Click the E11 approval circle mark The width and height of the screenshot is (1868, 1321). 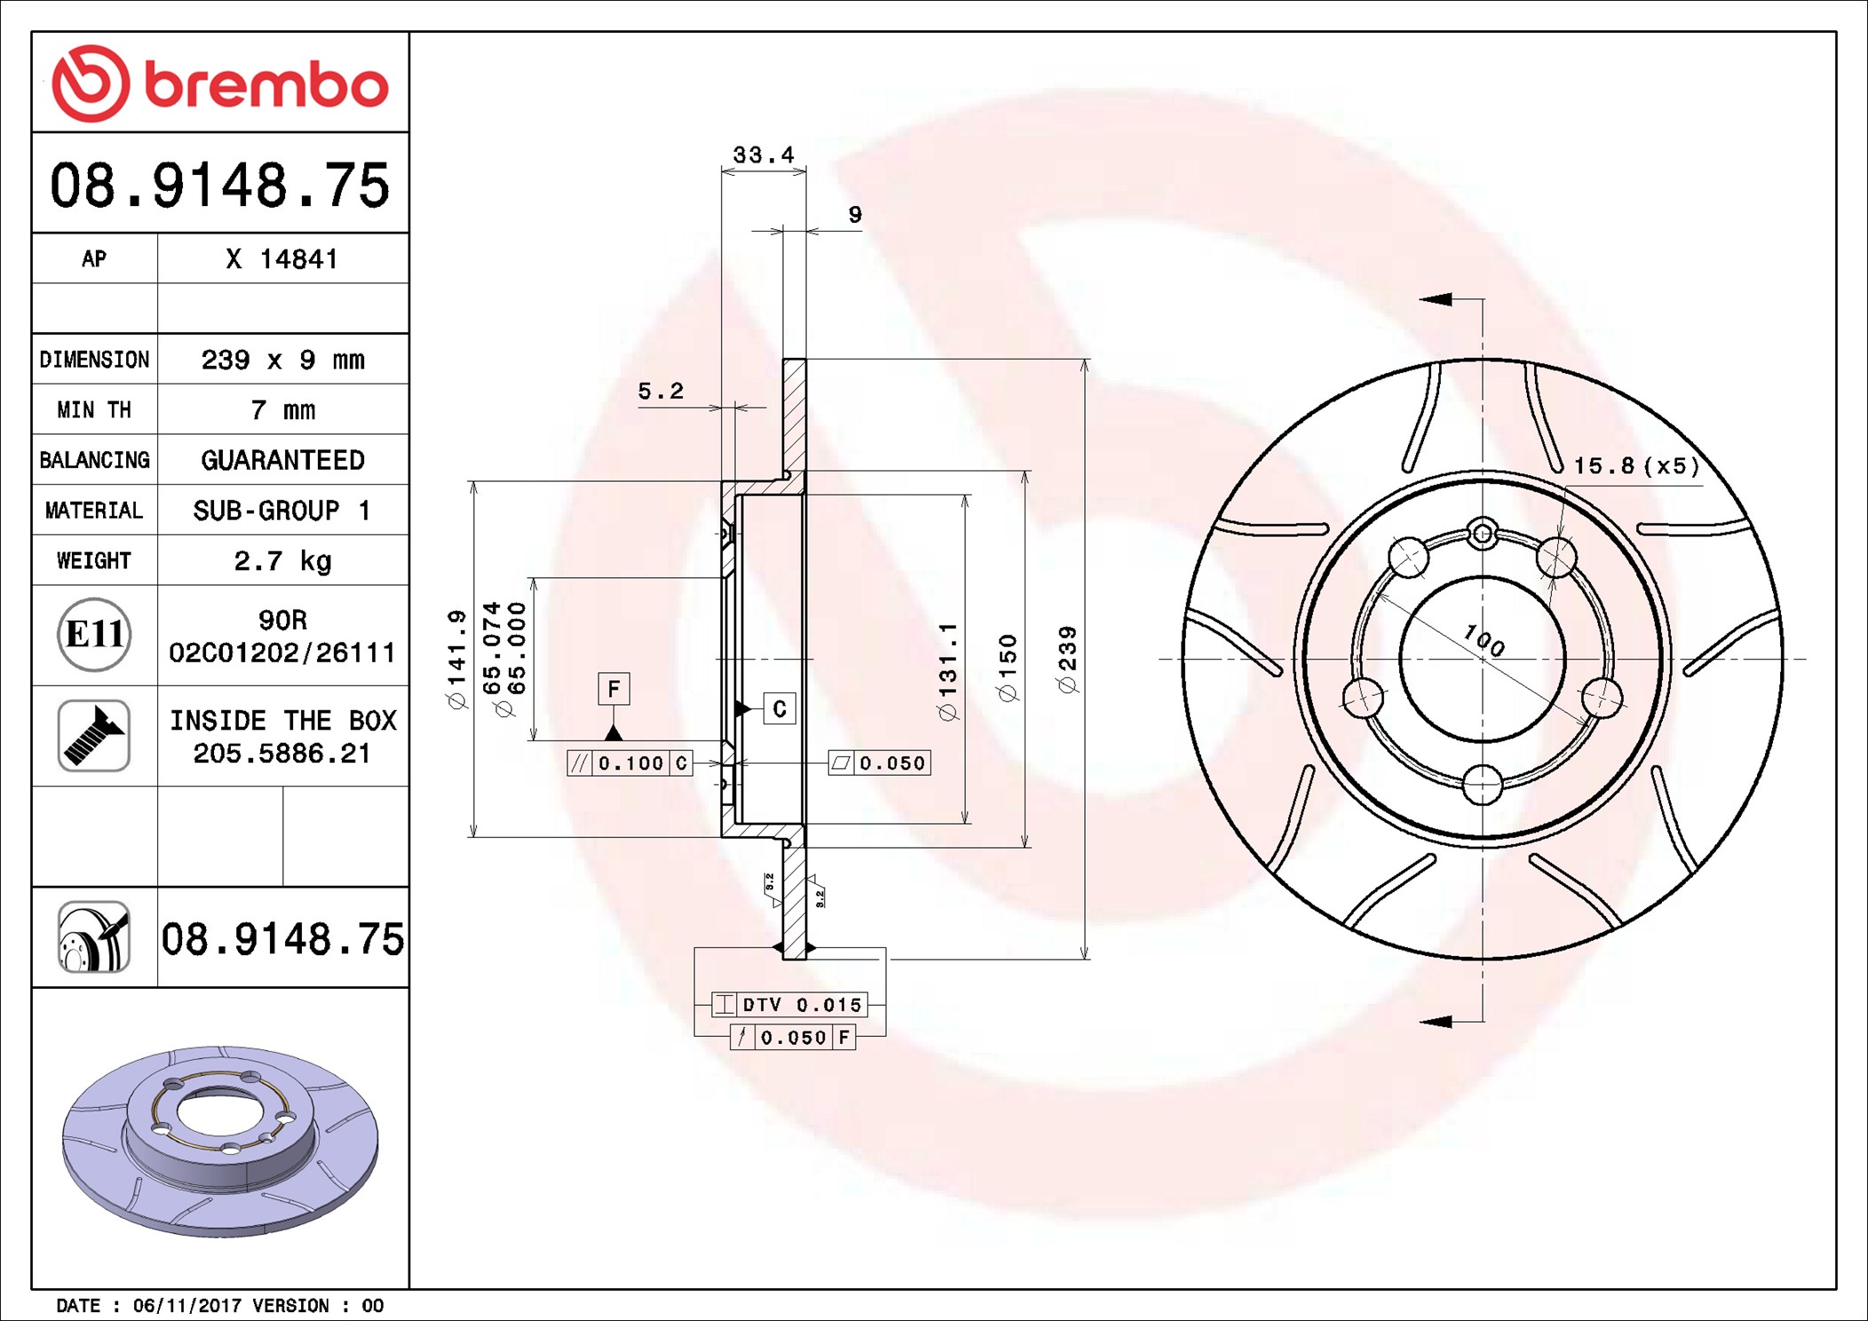click(94, 635)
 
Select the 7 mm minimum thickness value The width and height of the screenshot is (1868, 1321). click(282, 410)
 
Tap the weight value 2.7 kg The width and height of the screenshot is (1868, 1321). click(282, 561)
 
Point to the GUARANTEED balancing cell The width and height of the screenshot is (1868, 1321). click(282, 460)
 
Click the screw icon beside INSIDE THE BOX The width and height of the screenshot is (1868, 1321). click(94, 735)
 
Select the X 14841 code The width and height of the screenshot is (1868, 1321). click(282, 259)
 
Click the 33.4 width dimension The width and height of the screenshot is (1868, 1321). click(763, 155)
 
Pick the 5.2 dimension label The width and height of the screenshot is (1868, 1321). click(661, 392)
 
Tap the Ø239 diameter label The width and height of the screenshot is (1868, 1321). click(1067, 659)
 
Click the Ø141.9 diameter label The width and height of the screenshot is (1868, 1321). click(456, 659)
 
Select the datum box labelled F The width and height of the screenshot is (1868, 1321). click(613, 689)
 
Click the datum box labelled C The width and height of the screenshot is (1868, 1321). click(780, 708)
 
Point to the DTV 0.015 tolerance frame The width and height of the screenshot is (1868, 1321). click(789, 1005)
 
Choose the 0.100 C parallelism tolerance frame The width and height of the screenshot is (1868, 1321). click(630, 763)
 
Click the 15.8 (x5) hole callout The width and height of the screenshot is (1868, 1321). click(1635, 466)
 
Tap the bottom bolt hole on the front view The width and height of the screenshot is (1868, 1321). click(1482, 785)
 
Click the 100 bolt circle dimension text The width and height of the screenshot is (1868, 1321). click(1484, 639)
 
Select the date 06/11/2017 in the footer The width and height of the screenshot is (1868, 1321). click(186, 1306)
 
